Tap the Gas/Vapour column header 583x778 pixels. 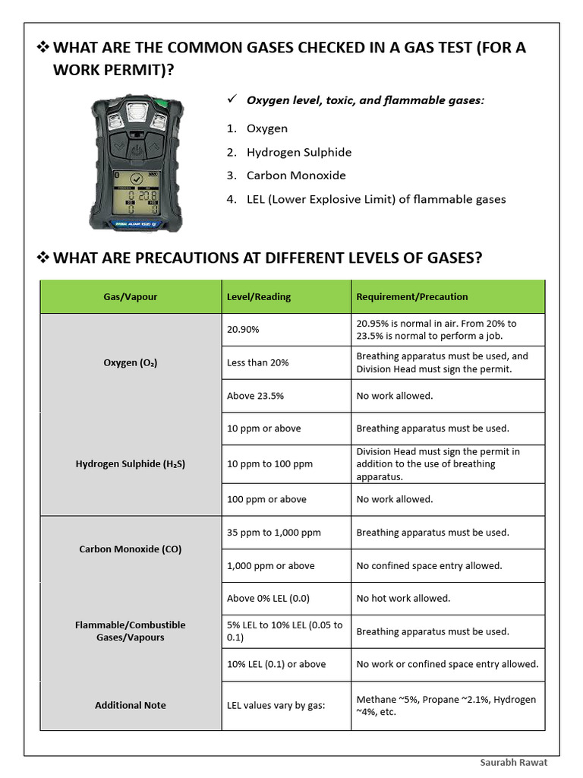coord(131,297)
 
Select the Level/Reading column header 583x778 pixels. coord(259,297)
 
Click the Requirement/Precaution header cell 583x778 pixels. coord(412,297)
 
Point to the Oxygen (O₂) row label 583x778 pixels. coord(131,363)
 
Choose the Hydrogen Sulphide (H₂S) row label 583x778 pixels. coord(131,464)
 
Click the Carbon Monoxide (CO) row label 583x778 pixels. coord(131,549)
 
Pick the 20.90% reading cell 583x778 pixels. coord(243,330)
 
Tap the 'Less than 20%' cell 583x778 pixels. coord(258,363)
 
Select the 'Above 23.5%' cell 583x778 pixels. coord(255,396)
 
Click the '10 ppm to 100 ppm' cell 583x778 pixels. coord(269,464)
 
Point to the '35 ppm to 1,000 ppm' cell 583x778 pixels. coord(274,533)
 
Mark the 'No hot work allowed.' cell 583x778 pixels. coord(403,599)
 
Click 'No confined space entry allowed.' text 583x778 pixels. coord(429,566)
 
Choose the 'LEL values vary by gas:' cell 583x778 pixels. coord(276,706)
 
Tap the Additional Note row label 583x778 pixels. coord(131,706)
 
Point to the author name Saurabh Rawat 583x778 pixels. coord(514,763)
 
